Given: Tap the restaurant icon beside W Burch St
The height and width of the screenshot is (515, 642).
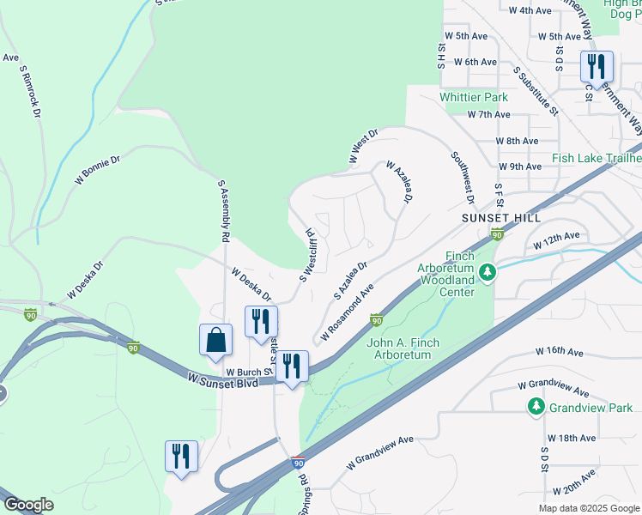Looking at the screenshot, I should click(x=292, y=367).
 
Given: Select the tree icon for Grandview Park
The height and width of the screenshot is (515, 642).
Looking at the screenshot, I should click(x=536, y=407).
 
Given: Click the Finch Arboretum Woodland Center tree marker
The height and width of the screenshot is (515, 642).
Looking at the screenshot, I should click(x=488, y=273).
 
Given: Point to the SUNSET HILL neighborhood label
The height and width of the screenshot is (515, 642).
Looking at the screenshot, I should click(x=501, y=218).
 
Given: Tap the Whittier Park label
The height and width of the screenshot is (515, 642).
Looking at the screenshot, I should click(x=474, y=97).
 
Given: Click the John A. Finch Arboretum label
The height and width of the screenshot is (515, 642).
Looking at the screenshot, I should click(x=403, y=349).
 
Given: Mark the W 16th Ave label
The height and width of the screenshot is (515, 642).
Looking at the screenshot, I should click(x=560, y=352).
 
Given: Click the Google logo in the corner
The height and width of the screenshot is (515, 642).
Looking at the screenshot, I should click(x=27, y=505).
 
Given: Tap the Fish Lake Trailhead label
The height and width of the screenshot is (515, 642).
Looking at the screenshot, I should click(x=597, y=158).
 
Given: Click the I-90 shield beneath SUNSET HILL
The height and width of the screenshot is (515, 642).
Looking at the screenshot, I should click(x=496, y=234).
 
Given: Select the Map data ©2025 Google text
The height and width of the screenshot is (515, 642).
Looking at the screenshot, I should click(x=588, y=508).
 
